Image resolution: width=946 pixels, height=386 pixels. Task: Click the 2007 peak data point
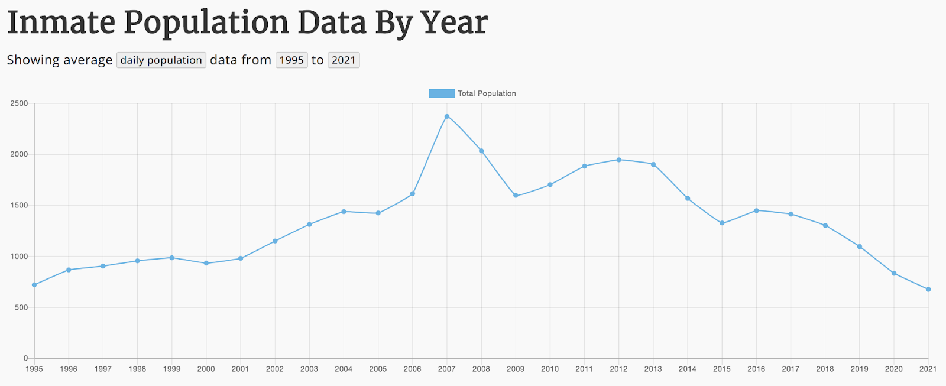pyautogui.click(x=447, y=116)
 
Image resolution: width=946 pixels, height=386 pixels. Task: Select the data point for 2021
pyautogui.click(x=928, y=290)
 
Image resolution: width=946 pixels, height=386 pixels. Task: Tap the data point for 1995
pyautogui.click(x=34, y=285)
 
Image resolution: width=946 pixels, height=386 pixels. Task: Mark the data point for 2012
pyautogui.click(x=619, y=160)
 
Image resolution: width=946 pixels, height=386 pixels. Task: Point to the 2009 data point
pyautogui.click(x=516, y=196)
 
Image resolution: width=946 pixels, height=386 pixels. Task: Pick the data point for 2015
pyautogui.click(x=722, y=223)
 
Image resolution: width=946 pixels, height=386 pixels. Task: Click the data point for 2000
pyautogui.click(x=206, y=263)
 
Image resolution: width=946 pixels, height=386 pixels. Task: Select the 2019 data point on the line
pyautogui.click(x=860, y=246)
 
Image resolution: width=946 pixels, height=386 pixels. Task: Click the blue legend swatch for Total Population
pyautogui.click(x=442, y=93)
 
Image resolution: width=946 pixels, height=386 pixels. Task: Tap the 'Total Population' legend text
pyautogui.click(x=487, y=93)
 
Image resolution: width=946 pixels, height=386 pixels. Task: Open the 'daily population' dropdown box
pyautogui.click(x=161, y=60)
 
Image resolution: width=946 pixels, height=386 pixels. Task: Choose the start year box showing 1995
pyautogui.click(x=291, y=60)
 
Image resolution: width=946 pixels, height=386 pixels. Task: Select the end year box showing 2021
pyautogui.click(x=344, y=60)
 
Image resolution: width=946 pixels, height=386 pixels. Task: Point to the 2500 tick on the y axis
pyautogui.click(x=19, y=103)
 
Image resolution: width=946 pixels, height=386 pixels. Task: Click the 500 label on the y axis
pyautogui.click(x=21, y=307)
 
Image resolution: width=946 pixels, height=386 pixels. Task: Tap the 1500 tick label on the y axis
pyautogui.click(x=19, y=206)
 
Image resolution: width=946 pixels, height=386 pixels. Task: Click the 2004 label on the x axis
pyautogui.click(x=344, y=369)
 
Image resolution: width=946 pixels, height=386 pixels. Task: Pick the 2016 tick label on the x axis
pyautogui.click(x=756, y=369)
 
